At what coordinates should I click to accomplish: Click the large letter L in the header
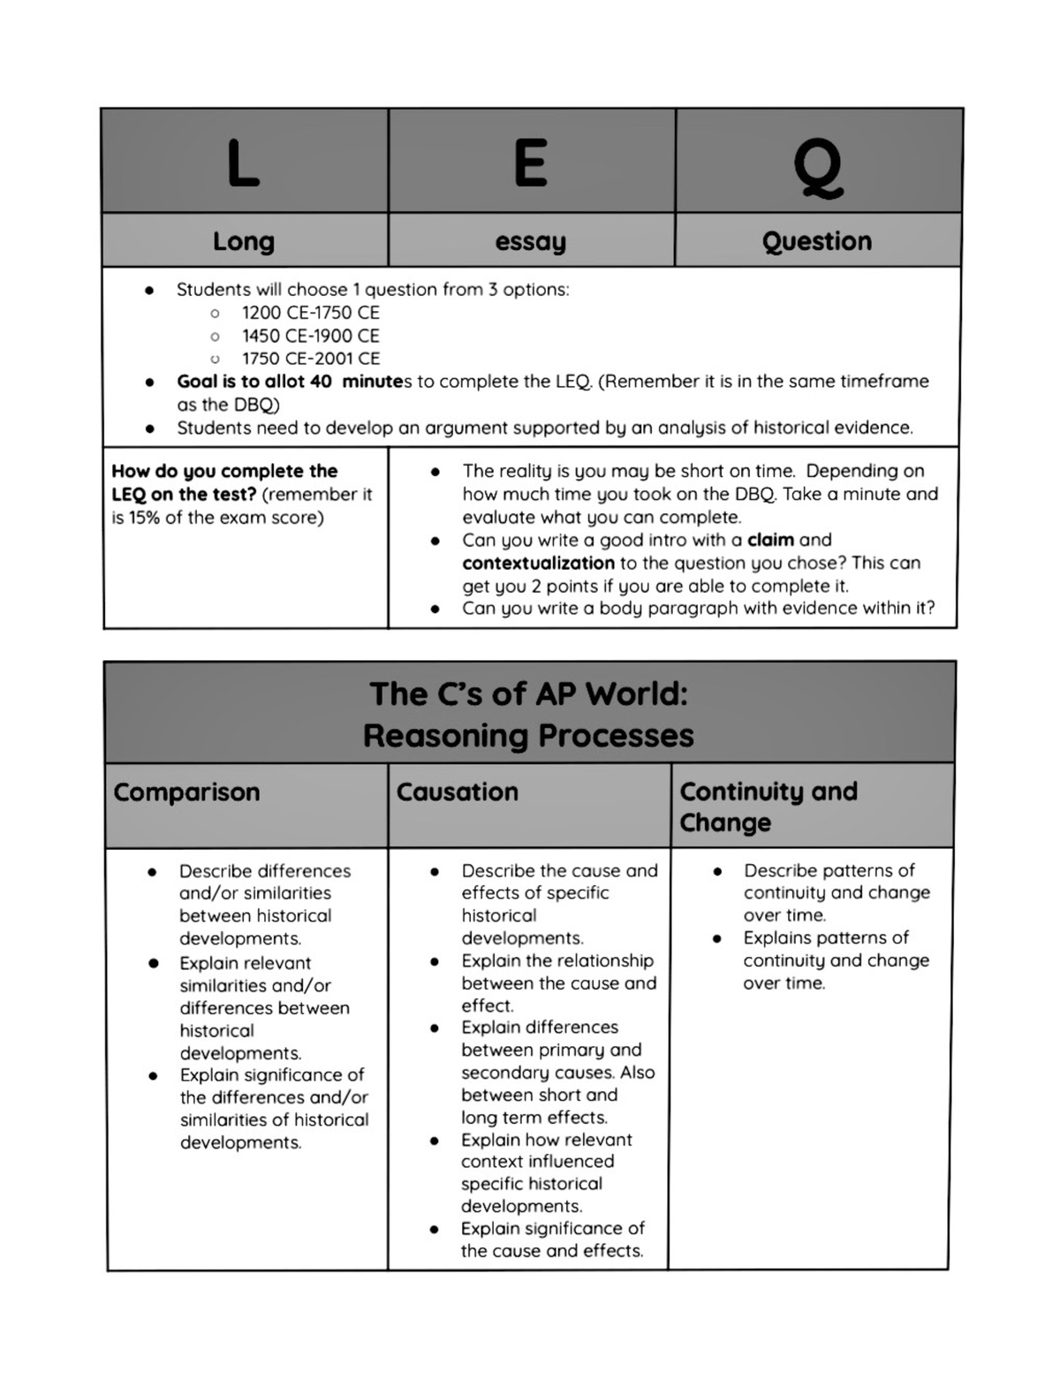pyautogui.click(x=243, y=163)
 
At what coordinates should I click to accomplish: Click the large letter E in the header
pyautogui.click(x=531, y=163)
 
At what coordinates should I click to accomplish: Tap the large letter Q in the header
pyautogui.click(x=818, y=168)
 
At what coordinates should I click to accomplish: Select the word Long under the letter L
pyautogui.click(x=244, y=240)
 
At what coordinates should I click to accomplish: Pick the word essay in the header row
pyautogui.click(x=530, y=241)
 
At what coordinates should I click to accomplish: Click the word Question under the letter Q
pyautogui.click(x=817, y=240)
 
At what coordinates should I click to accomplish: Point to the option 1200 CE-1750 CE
pyautogui.click(x=310, y=313)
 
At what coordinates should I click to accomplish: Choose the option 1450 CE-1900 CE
pyautogui.click(x=310, y=336)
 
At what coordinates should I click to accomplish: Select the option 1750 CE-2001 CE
pyautogui.click(x=310, y=359)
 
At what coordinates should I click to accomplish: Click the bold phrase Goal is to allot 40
pyautogui.click(x=254, y=382)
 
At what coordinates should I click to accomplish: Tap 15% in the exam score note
pyautogui.click(x=144, y=518)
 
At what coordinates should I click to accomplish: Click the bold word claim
pyautogui.click(x=770, y=540)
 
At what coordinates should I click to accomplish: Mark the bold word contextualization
pyautogui.click(x=538, y=563)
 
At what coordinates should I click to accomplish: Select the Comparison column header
pyautogui.click(x=186, y=792)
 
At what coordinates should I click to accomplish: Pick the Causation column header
pyautogui.click(x=457, y=792)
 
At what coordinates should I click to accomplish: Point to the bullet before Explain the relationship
pyautogui.click(x=435, y=961)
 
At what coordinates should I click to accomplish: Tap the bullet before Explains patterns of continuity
pyautogui.click(x=717, y=938)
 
